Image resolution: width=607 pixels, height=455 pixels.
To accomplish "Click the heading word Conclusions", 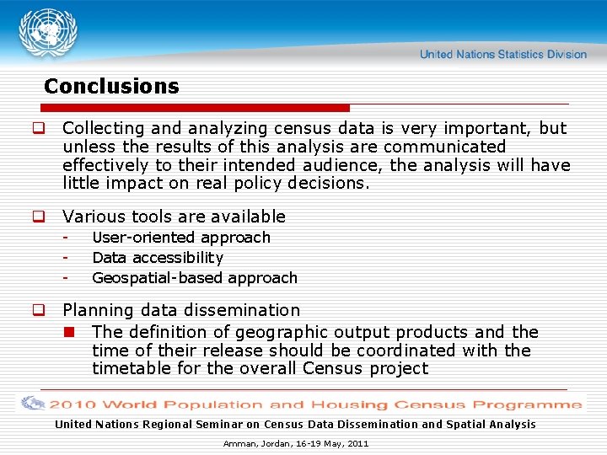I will click(111, 86).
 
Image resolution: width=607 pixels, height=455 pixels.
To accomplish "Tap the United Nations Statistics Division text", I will click(502, 54).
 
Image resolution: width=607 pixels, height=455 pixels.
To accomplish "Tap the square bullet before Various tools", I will click(38, 217).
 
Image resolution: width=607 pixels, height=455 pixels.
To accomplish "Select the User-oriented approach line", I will click(181, 238).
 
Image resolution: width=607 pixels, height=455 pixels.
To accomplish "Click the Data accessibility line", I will click(158, 258).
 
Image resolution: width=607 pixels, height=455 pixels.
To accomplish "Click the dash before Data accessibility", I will click(64, 258).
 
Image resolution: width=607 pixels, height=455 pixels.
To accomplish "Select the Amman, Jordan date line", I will click(296, 443).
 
